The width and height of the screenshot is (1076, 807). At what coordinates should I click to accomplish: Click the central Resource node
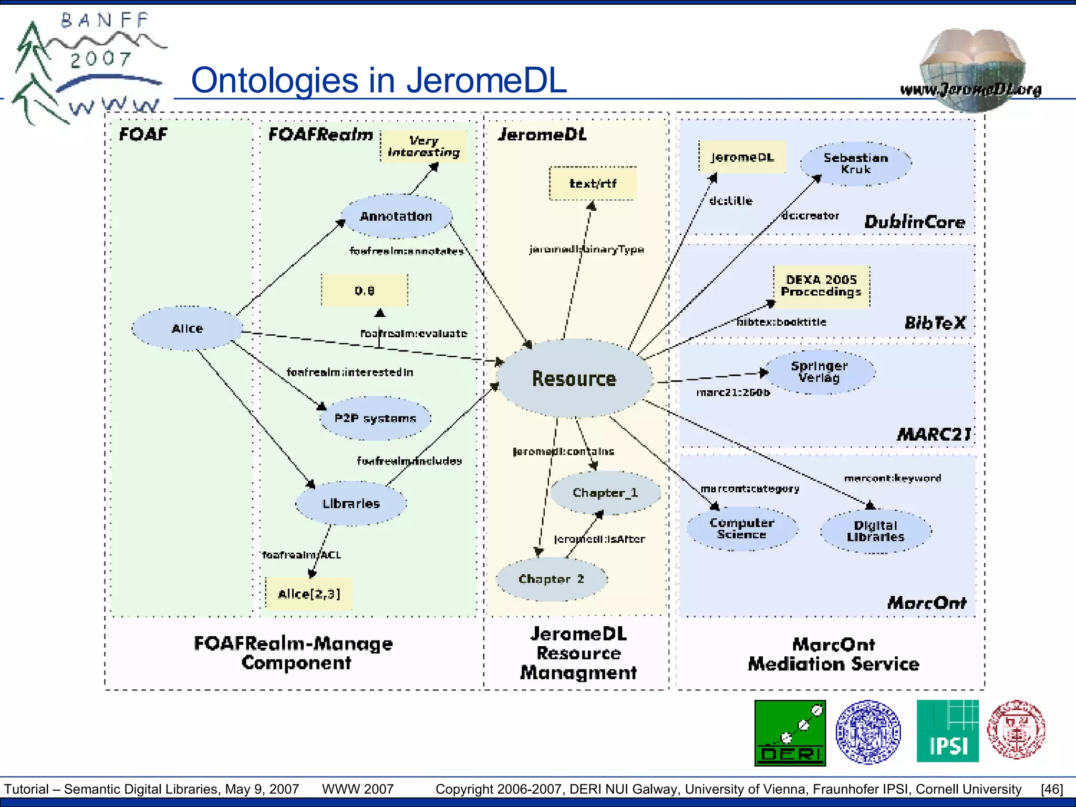(574, 378)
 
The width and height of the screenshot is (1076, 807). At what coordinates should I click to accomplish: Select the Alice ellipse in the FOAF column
(187, 328)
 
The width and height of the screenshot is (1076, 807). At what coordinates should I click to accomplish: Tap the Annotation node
(396, 216)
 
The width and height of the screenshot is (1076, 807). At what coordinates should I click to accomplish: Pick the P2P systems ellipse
(375, 418)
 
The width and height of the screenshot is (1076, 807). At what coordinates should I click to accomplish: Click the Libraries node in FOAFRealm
(351, 503)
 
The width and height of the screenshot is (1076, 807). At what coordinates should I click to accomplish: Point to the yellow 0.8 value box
(365, 291)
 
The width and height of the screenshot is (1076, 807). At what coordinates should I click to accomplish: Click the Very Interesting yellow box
(423, 147)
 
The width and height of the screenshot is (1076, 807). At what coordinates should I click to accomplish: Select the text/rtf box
(593, 183)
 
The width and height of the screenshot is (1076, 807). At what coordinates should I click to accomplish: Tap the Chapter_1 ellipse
(605, 492)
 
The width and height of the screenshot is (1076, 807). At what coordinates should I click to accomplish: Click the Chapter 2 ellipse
(551, 579)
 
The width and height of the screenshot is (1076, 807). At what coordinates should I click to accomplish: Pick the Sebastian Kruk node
(855, 163)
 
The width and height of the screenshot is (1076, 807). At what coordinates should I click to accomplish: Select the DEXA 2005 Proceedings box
(821, 286)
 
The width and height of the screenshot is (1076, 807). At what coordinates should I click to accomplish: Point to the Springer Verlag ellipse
(819, 371)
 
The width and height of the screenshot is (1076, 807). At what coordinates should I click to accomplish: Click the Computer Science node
(742, 529)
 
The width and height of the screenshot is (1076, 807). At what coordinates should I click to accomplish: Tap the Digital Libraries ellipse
(875, 531)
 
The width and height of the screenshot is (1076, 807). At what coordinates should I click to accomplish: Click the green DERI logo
(790, 733)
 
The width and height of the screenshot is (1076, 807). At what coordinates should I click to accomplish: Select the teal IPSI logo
(947, 731)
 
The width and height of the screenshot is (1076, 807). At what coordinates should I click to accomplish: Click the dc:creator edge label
(810, 215)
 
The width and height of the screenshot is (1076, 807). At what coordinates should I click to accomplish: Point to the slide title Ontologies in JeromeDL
(378, 80)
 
